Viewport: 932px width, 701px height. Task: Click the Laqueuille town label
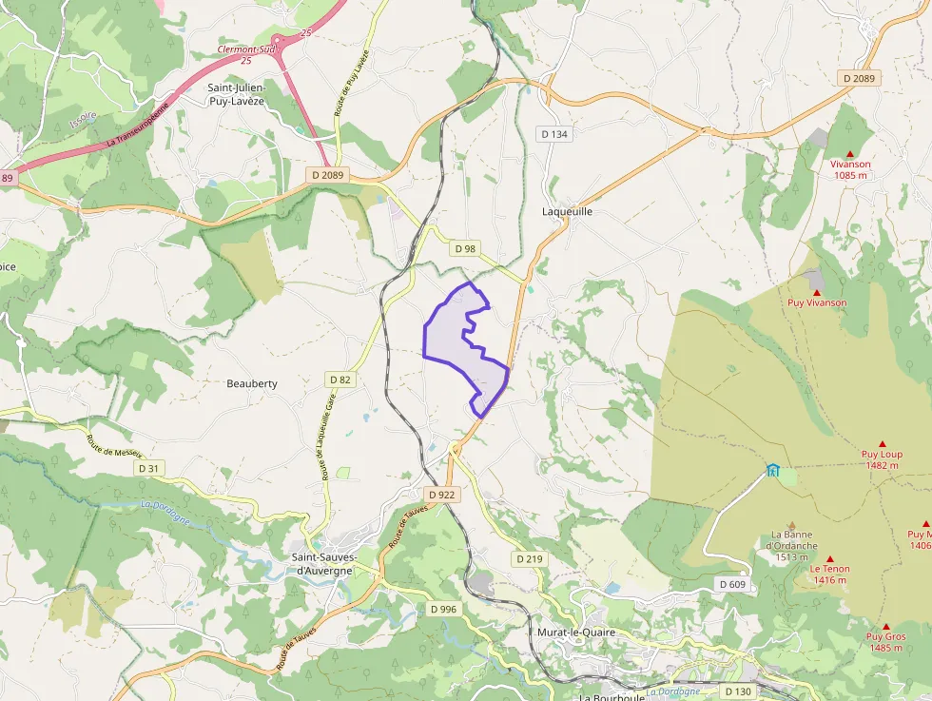[x=567, y=211]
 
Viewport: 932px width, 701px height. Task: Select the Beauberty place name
[x=252, y=383]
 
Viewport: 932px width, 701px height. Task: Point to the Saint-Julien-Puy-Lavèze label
[x=237, y=93]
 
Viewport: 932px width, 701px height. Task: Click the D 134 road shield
[x=554, y=134]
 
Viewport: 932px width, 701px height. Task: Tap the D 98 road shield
[x=465, y=248]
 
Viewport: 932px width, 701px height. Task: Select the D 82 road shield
[x=340, y=380]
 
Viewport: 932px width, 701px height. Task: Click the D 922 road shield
[x=442, y=495]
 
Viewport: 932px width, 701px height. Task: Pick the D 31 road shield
[x=149, y=468]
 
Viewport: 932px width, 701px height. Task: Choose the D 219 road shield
[x=529, y=559]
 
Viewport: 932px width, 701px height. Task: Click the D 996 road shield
[x=443, y=609]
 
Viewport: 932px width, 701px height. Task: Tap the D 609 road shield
[x=732, y=584]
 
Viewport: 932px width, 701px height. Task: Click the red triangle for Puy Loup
[x=882, y=444]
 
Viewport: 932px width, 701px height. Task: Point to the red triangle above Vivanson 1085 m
[x=850, y=154]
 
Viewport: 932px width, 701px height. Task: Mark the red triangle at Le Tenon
[x=829, y=559]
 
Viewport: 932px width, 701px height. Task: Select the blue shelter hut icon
[x=772, y=470]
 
